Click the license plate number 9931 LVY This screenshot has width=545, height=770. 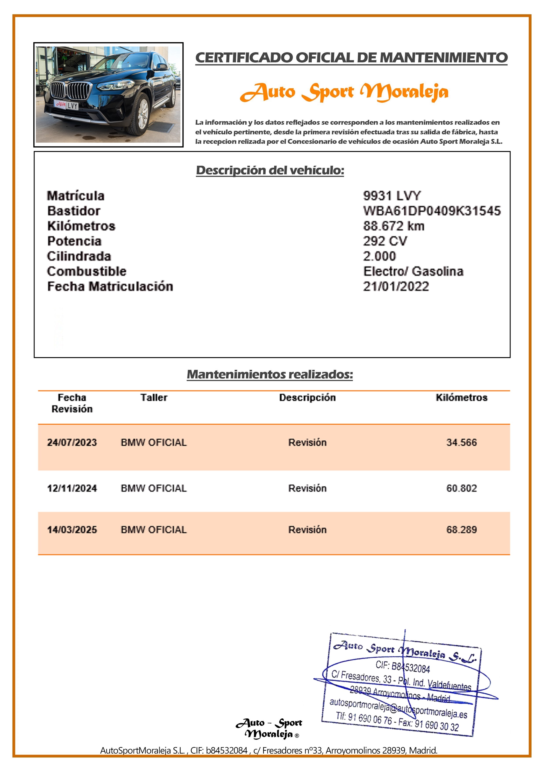392,196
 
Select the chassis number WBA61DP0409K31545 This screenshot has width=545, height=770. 432,211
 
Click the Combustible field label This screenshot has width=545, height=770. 87,271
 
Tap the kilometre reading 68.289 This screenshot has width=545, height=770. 461,530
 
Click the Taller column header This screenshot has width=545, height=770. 154,398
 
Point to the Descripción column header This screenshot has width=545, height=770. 307,398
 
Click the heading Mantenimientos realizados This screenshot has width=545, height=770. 270,374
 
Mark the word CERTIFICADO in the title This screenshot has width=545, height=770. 244,58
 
